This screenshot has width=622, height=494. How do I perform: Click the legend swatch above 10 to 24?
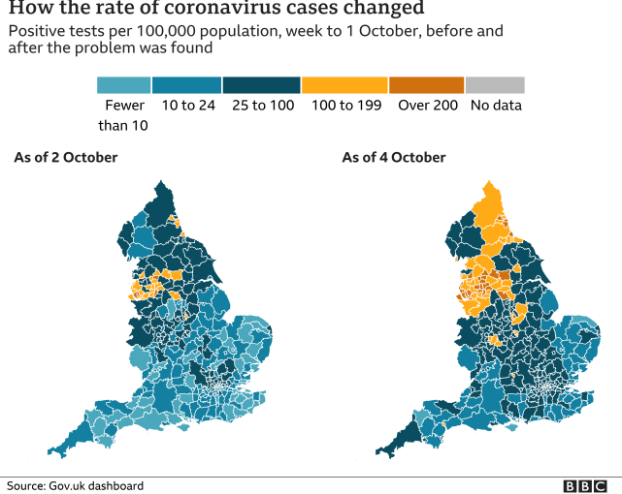tap(186, 85)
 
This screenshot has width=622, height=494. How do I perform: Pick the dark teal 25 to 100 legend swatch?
tap(261, 85)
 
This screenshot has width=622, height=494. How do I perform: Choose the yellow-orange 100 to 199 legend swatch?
tap(344, 85)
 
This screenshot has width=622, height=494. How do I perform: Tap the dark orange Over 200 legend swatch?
tap(426, 85)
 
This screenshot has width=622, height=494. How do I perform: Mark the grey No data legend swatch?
tap(495, 85)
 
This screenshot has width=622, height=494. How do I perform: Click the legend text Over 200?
tap(426, 106)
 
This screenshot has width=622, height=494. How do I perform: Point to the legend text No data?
tap(495, 106)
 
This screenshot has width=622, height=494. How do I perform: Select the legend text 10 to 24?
tap(186, 106)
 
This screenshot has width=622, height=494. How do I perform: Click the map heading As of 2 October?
tap(65, 158)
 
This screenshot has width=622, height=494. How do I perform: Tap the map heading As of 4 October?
tap(394, 158)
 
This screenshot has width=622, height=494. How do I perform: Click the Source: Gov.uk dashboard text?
tap(76, 485)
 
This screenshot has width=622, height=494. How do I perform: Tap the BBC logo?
tap(587, 485)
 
